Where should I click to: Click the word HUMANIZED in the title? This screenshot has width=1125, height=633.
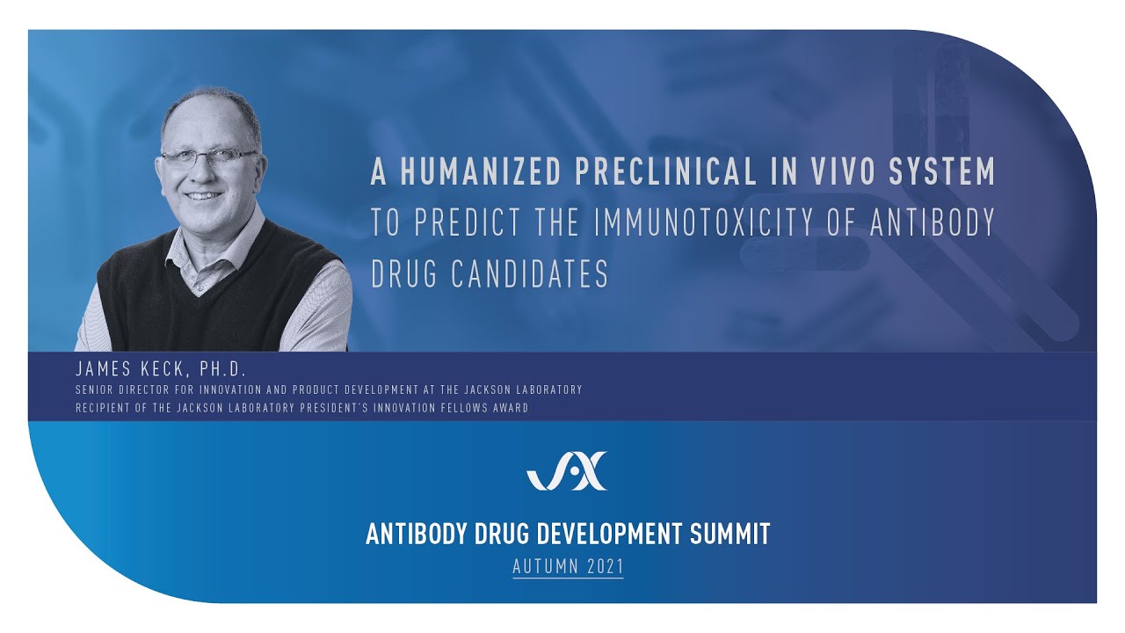[480, 172]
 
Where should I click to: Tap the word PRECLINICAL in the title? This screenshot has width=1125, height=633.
[665, 172]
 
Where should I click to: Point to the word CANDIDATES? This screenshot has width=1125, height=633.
[530, 274]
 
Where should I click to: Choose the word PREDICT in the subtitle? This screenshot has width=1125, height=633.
[463, 223]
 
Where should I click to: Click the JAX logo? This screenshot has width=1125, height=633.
[567, 471]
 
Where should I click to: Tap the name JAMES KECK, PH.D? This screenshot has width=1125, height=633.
[161, 370]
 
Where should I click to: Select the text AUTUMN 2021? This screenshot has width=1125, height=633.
[568, 567]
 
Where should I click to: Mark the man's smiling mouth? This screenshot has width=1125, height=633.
[205, 195]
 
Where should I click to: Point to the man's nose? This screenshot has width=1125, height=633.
[205, 174]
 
